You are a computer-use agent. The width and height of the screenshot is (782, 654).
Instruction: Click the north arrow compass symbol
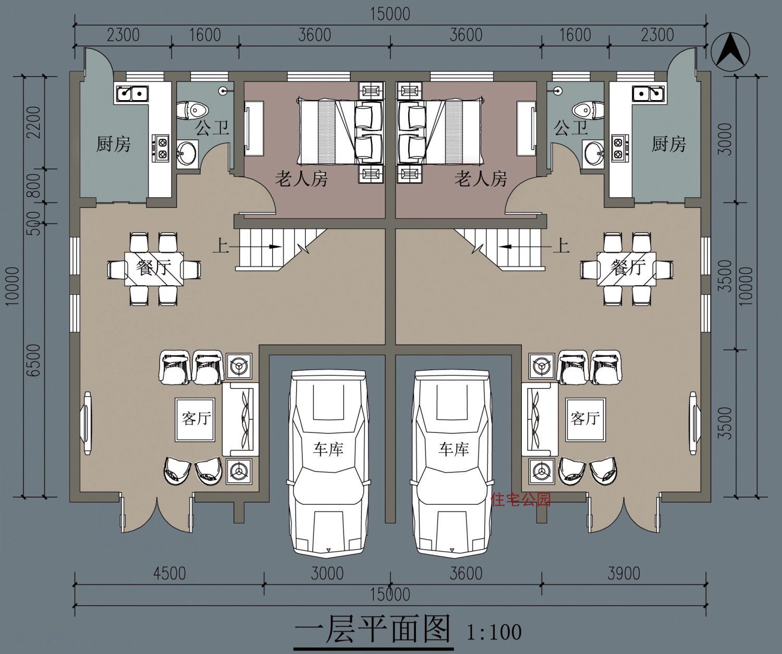coord(731,51)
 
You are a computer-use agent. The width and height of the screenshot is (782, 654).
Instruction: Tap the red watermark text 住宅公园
coord(521,500)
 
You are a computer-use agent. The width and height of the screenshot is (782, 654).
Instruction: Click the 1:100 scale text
coord(493,632)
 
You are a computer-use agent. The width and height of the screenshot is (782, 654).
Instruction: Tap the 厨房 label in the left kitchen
coord(113,144)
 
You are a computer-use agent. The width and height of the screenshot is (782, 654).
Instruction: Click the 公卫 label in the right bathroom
coord(570,127)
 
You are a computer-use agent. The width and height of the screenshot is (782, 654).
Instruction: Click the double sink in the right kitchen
coord(648,94)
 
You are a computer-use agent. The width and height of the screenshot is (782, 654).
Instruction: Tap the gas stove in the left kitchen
coord(161,147)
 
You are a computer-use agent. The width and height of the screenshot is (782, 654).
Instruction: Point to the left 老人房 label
coord(301,179)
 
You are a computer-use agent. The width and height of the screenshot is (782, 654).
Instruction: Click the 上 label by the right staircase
coord(561,245)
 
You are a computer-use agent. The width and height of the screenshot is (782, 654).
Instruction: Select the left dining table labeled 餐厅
coord(154,269)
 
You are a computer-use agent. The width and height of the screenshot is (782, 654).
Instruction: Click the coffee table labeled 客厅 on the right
coord(585,419)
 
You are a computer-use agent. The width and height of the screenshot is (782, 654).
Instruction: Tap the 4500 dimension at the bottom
coord(169,574)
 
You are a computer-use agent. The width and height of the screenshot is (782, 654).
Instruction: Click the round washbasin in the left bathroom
coord(186,153)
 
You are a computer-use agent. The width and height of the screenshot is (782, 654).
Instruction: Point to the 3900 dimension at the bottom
coord(624,574)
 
